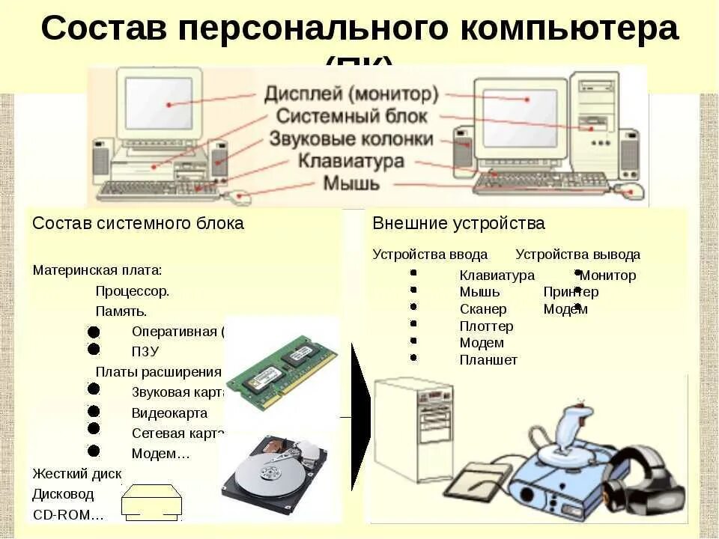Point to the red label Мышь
coord(351,183)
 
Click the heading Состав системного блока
coord(138,223)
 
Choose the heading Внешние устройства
coord(458,223)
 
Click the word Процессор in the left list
coord(132,291)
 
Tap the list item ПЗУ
coord(145,351)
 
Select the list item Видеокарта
coord(169,412)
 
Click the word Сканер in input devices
coord(483,309)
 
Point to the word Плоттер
coord(486,326)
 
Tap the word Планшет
coord(488,361)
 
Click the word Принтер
coord(571,292)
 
